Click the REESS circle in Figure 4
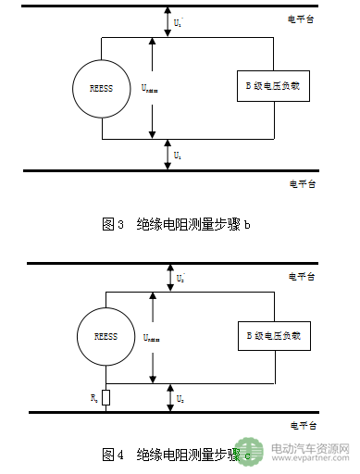tap(106, 336)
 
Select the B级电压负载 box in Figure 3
tap(272, 86)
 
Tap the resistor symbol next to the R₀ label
tap(106, 398)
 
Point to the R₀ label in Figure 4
tap(93, 397)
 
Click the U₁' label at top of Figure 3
tap(179, 20)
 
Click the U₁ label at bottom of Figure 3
tap(178, 155)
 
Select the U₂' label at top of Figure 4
tap(179, 276)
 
